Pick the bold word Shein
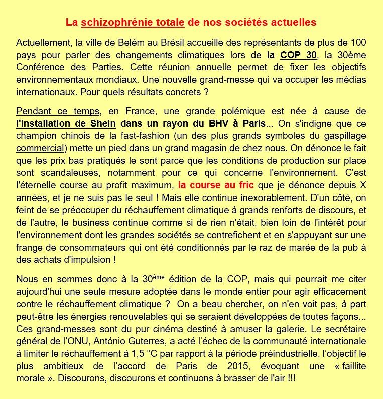pyautogui.click(x=103, y=124)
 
